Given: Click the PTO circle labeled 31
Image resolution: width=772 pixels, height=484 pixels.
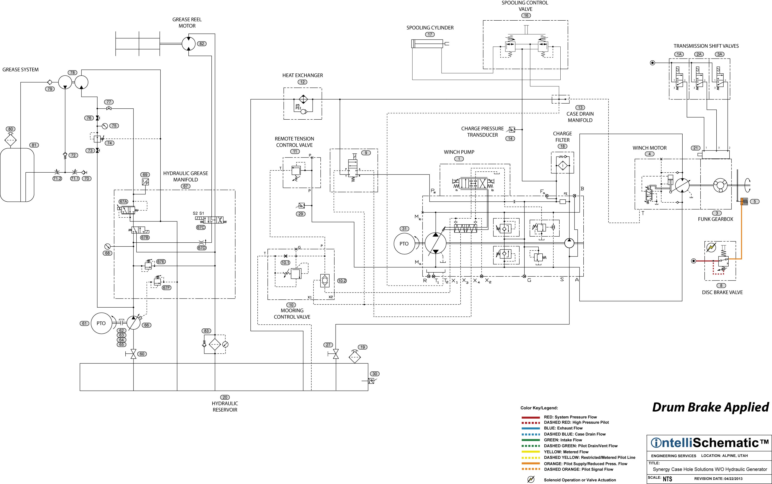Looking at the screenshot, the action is click(404, 244).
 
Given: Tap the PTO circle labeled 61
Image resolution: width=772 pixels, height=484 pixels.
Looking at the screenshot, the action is click(101, 323).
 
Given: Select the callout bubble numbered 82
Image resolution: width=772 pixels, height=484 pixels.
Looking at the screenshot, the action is click(202, 44).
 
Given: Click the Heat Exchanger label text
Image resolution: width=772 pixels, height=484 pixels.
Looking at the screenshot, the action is click(302, 75).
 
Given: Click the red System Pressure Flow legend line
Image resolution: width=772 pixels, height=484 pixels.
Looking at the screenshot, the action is click(531, 417).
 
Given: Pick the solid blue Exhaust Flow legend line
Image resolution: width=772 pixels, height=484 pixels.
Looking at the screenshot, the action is click(531, 428).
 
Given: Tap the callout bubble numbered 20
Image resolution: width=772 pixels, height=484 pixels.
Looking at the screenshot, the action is click(225, 397).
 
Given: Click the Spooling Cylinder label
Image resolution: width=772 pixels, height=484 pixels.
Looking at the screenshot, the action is click(430, 28).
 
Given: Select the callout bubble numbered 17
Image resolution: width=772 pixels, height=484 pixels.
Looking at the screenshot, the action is click(430, 35).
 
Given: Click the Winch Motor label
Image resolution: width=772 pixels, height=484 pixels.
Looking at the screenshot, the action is click(650, 148).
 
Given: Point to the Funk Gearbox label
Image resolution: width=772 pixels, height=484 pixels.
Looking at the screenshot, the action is click(715, 219).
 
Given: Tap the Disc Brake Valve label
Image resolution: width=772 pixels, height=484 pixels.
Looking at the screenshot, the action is click(722, 292).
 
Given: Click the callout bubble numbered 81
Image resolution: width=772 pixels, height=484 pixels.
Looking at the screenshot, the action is click(34, 145).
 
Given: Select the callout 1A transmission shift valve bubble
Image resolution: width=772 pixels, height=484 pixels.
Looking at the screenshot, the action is click(679, 54).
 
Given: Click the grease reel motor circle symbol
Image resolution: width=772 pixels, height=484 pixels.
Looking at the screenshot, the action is click(189, 44).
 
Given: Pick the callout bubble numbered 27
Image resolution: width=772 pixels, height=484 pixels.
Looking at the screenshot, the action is click(328, 345).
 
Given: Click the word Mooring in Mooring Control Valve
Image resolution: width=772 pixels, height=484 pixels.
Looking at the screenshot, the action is click(292, 310).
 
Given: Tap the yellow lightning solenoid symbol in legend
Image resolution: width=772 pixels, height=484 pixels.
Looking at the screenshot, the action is click(531, 479).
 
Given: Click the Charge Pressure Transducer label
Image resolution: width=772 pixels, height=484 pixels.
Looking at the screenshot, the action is click(482, 132).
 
